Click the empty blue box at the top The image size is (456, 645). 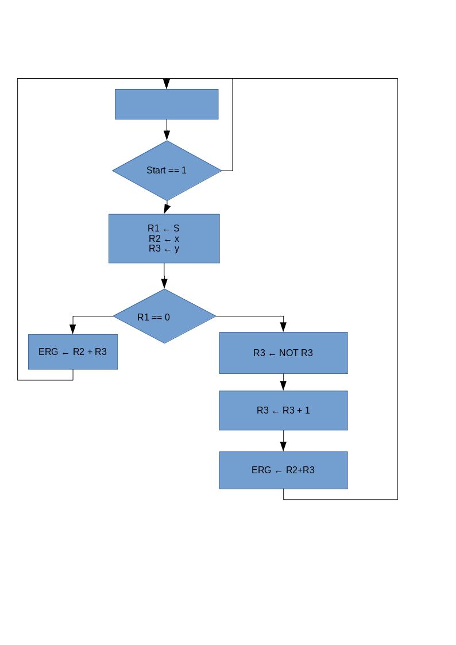click(167, 104)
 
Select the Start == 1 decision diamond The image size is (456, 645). click(167, 171)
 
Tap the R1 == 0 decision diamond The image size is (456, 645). click(165, 316)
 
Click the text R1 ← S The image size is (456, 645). click(164, 228)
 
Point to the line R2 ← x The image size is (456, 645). click(164, 238)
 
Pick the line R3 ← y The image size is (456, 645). click(164, 249)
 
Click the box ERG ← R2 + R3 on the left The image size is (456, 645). click(73, 352)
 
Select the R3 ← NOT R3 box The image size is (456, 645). click(283, 353)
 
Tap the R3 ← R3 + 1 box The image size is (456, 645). click(283, 410)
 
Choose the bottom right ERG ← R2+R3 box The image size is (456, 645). click(283, 470)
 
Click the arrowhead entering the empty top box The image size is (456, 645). click(167, 84)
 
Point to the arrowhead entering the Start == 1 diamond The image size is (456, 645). click(167, 136)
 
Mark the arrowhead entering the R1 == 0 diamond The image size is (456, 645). click(165, 283)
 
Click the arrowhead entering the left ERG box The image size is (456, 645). click(73, 329)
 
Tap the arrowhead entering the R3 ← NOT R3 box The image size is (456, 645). click(283, 327)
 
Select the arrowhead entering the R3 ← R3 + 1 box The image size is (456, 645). click(283, 385)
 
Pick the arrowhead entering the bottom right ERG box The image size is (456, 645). click(283, 446)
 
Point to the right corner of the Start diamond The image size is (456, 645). click(221, 171)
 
